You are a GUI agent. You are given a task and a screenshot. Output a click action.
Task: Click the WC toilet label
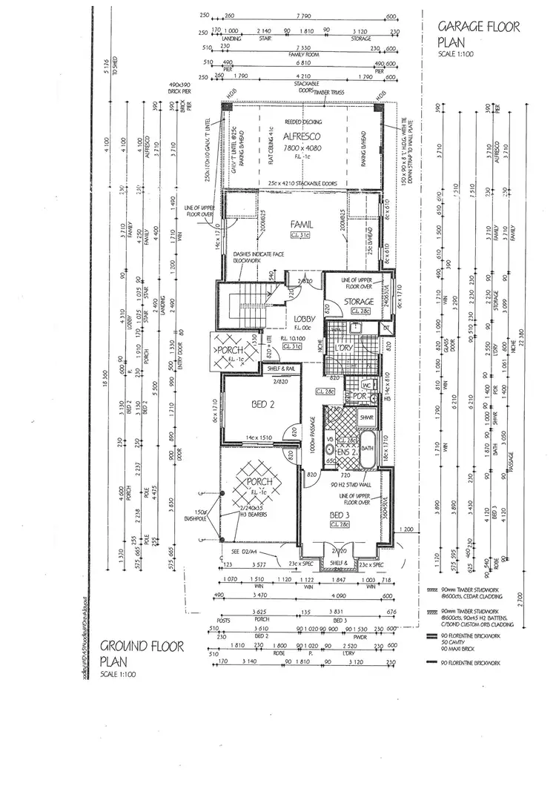(365, 386)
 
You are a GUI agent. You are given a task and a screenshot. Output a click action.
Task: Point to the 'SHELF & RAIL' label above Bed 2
(279, 368)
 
